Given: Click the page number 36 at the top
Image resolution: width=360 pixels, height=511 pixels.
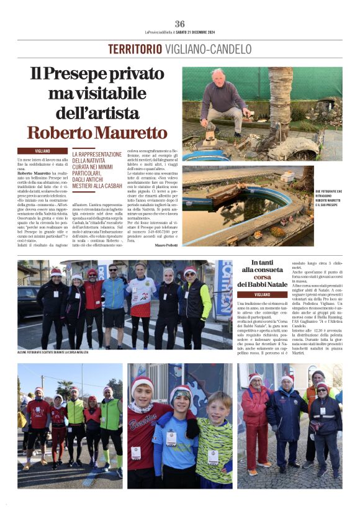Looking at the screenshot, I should click(x=179, y=24).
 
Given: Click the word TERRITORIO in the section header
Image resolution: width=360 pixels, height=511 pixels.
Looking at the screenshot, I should click(x=134, y=49).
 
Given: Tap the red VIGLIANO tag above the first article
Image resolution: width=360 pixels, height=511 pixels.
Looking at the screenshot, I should click(x=42, y=150).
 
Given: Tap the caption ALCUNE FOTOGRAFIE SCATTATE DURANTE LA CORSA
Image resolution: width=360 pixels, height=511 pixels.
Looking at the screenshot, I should click(x=53, y=352).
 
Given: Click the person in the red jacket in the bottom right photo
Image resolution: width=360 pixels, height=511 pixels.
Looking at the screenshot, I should click(x=254, y=422).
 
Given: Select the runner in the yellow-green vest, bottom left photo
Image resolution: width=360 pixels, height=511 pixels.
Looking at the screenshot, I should click(x=75, y=422).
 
